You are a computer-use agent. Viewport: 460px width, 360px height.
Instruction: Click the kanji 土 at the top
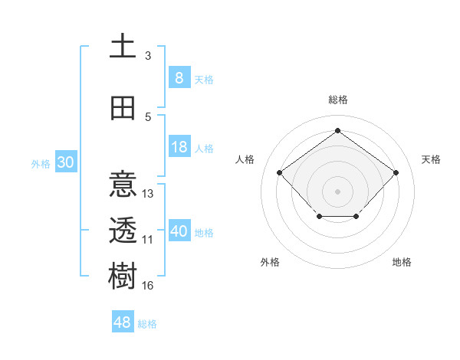coord(123,47)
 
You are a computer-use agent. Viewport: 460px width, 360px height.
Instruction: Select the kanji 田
coord(123,109)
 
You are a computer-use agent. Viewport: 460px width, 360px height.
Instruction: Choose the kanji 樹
coord(123,277)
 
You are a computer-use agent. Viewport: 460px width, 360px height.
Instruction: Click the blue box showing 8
coord(179,77)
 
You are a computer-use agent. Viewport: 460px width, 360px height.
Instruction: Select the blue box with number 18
coord(179,147)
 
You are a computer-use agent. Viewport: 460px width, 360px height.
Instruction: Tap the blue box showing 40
coord(179,231)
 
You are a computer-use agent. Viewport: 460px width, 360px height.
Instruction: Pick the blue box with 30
coord(65,162)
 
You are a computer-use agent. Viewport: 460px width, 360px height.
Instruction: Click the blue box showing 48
coord(123,322)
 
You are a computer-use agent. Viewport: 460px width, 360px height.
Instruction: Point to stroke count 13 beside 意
coord(148,194)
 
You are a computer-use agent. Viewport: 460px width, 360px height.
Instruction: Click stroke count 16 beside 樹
coord(148,286)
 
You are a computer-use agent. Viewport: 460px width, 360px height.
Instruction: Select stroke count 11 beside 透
coord(148,240)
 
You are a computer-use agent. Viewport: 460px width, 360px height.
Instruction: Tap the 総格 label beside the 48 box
coord(147,324)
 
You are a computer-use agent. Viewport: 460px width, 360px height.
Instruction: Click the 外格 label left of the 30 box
coord(40,163)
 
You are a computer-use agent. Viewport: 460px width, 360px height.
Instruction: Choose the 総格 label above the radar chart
coord(337,100)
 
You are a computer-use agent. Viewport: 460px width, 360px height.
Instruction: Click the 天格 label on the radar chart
coord(431,159)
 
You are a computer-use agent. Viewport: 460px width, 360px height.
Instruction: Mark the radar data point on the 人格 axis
coord(280,173)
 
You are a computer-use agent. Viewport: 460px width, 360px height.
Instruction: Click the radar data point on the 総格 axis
coord(337,130)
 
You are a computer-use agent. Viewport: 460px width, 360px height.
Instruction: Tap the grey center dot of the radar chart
coord(337,191)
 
